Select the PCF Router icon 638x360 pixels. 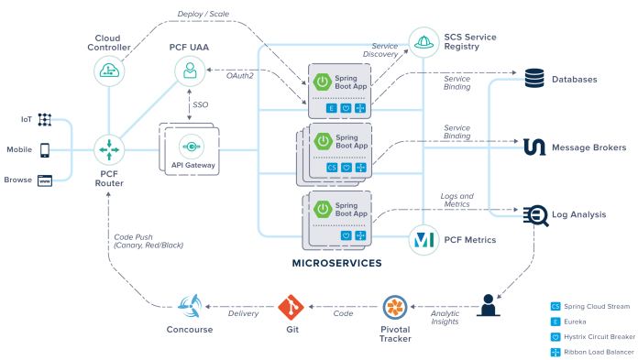pyautogui.click(x=109, y=148)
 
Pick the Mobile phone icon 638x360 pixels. pyautogui.click(x=45, y=149)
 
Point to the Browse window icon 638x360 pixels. pyautogui.click(x=45, y=180)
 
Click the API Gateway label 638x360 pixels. pyautogui.click(x=191, y=165)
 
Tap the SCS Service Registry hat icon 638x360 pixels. pyautogui.click(x=423, y=41)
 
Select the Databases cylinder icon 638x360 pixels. pyautogui.click(x=535, y=80)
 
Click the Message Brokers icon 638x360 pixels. pyautogui.click(x=535, y=147)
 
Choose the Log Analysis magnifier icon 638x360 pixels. pyautogui.click(x=535, y=214)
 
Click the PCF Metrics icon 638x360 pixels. pyautogui.click(x=423, y=240)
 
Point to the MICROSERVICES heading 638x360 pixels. pyautogui.click(x=336, y=264)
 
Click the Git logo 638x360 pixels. pyautogui.click(x=290, y=306)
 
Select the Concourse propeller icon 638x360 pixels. pyautogui.click(x=191, y=306)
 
